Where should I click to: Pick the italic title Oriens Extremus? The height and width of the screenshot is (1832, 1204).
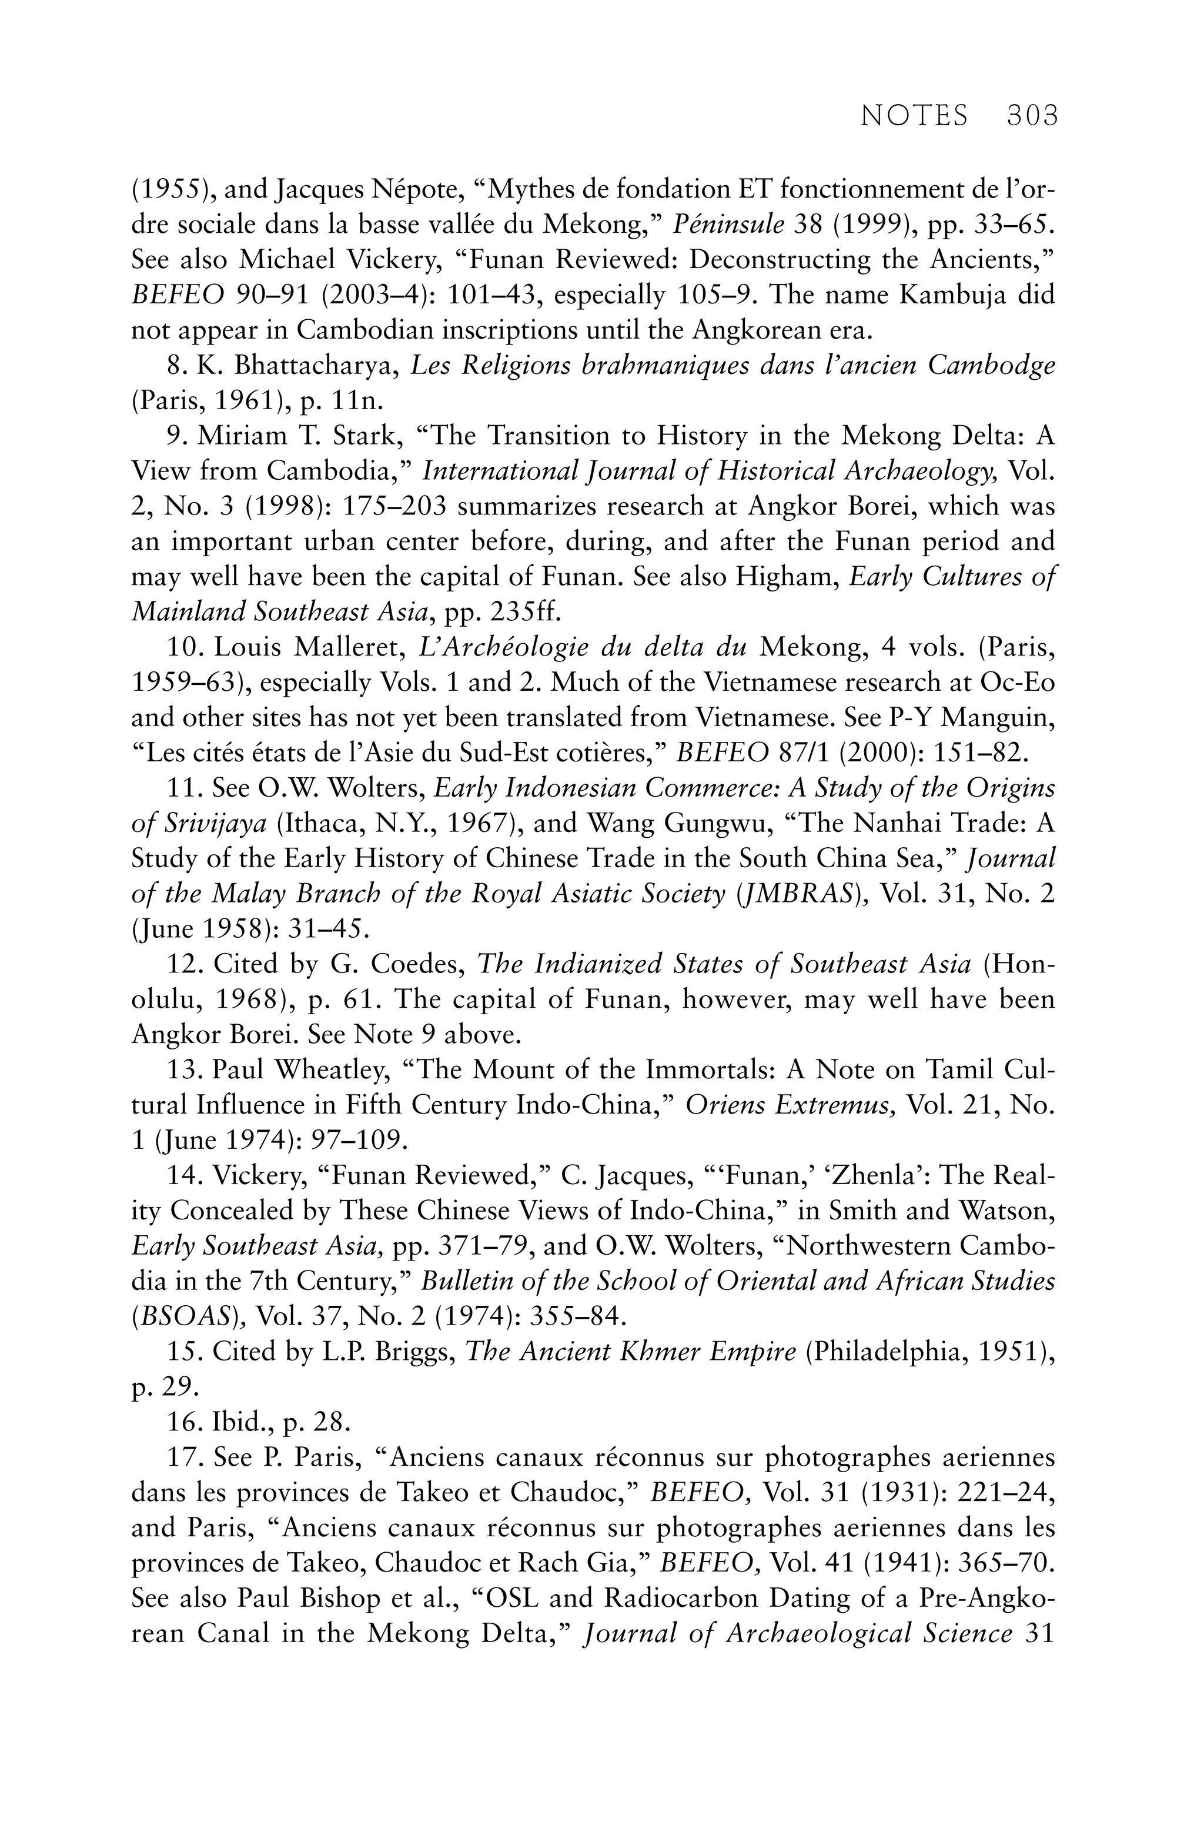point(791,1105)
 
